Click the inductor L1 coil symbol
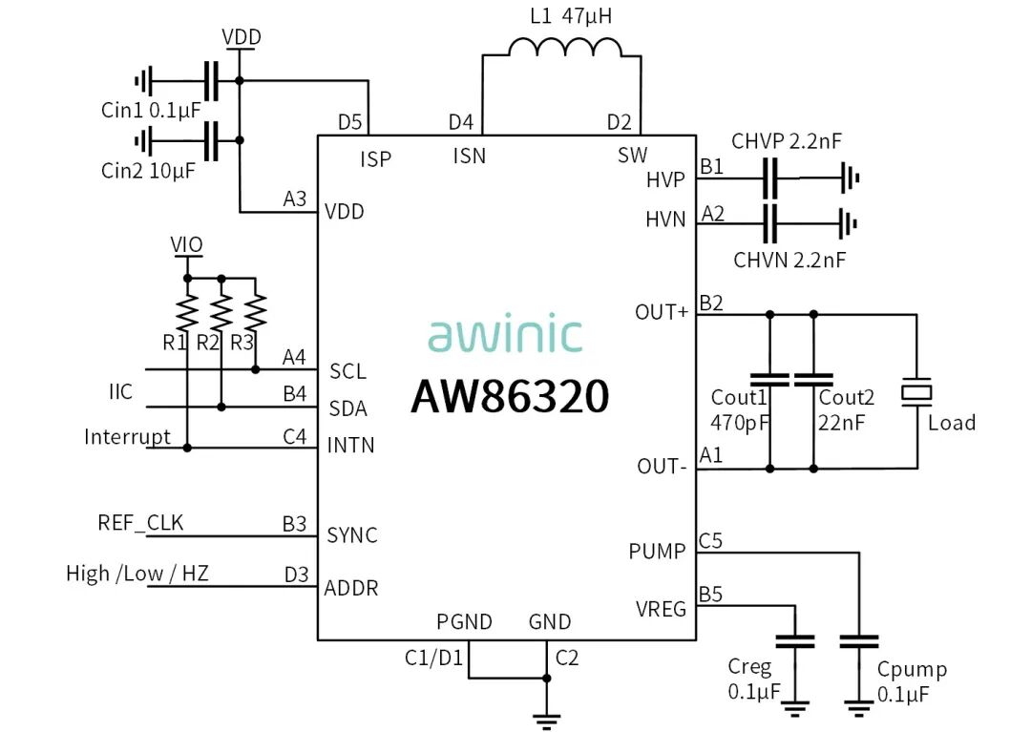(x=565, y=47)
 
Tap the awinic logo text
(x=505, y=334)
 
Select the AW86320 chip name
(x=510, y=396)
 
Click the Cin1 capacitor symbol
(x=211, y=81)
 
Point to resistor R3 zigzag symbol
(x=255, y=311)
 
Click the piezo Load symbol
(x=915, y=392)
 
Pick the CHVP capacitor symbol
(x=770, y=178)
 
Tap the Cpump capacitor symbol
(x=859, y=641)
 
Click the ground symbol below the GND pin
(x=546, y=721)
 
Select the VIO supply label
(x=187, y=244)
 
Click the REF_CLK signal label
(x=140, y=523)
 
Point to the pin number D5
(x=349, y=122)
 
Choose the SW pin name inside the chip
(x=633, y=155)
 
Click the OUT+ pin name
(x=662, y=312)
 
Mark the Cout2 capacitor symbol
(x=813, y=379)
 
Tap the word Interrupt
(x=128, y=437)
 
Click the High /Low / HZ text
(x=137, y=574)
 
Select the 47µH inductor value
(x=586, y=16)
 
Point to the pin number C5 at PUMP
(x=710, y=541)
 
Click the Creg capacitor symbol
(x=795, y=641)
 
